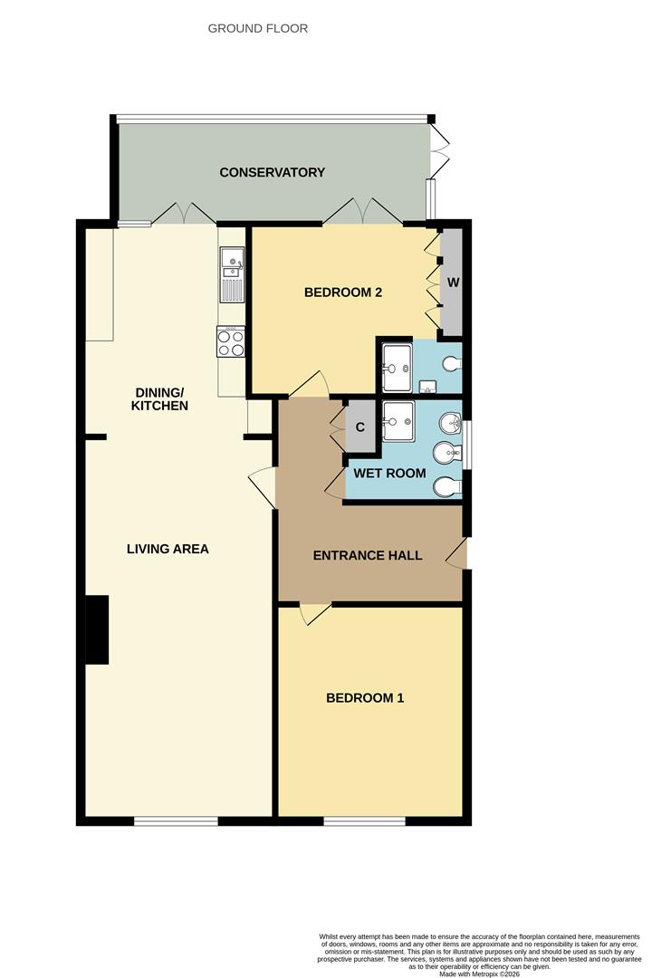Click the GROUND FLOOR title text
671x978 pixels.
(258, 28)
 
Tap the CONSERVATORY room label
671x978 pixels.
(272, 172)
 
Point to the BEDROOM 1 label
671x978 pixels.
(365, 697)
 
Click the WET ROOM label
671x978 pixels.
(389, 473)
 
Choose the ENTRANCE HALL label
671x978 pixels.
(368, 555)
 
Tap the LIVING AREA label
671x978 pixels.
(168, 548)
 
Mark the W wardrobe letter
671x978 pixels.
(454, 282)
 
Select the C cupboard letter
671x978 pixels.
(359, 425)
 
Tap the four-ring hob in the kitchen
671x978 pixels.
(231, 342)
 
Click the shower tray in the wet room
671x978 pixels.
(398, 420)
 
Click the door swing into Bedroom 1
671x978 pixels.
(312, 615)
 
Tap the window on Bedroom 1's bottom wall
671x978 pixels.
(364, 820)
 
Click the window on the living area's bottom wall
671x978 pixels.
(176, 820)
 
